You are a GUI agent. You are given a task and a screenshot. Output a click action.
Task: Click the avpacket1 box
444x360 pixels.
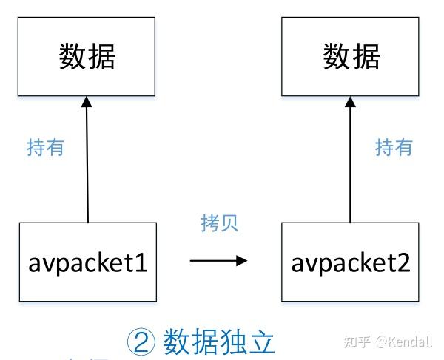(88, 262)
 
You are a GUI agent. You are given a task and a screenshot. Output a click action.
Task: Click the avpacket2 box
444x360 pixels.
(351, 262)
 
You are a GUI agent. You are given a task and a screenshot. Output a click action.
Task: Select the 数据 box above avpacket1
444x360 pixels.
(88, 57)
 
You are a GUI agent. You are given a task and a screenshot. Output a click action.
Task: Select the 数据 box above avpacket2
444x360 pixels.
(351, 57)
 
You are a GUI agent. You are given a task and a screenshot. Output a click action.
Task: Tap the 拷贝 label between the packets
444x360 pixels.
(220, 223)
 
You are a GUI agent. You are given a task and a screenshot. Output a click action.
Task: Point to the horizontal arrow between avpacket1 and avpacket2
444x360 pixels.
(218, 260)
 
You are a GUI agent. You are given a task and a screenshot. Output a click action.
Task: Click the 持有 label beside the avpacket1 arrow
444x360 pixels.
(45, 147)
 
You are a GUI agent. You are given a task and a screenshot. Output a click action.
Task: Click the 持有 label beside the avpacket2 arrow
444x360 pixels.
(394, 147)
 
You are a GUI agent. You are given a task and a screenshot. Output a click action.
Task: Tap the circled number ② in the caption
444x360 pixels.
(141, 342)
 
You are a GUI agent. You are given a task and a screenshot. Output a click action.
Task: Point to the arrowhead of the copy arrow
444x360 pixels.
(240, 260)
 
